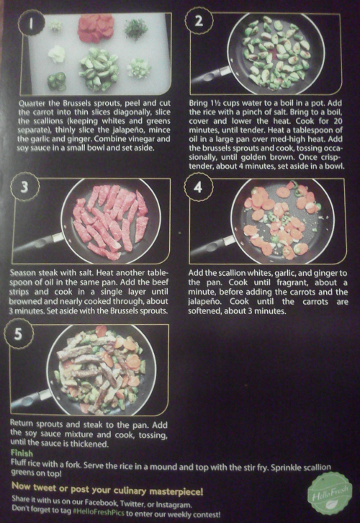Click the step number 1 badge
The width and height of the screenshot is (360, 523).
[x=32, y=22]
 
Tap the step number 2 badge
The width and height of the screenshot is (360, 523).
[x=199, y=21]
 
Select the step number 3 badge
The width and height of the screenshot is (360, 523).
[x=24, y=187]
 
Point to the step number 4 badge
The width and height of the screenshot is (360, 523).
[x=198, y=187]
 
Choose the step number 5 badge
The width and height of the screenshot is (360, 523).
[x=18, y=334]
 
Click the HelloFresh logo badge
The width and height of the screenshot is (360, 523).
[x=330, y=493]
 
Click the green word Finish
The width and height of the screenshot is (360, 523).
[x=22, y=453]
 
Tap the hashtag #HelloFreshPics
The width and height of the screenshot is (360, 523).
[x=99, y=511]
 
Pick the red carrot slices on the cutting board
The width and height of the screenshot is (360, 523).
[x=96, y=27]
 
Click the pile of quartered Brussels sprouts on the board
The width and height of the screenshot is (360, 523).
[x=99, y=69]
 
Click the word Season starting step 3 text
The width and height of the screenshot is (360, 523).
[x=22, y=272]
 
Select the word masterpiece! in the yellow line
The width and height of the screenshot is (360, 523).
[x=176, y=491]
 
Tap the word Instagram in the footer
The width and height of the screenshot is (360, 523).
[x=174, y=504]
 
